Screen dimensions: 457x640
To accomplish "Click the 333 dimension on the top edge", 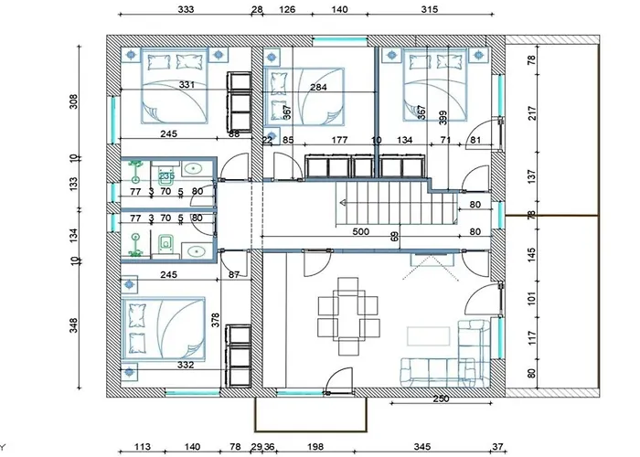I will coord(186,10).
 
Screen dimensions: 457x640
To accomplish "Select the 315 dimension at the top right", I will coord(430,10).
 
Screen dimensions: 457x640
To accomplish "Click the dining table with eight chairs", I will coord(348,316).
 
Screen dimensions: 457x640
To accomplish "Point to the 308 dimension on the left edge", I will coord(74,101).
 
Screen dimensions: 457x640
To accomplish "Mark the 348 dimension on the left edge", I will coord(74,324).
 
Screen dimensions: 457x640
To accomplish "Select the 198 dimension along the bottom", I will coord(317,447).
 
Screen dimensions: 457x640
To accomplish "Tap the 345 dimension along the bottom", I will coord(423,447).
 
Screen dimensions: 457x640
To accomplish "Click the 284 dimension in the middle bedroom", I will coord(318,88).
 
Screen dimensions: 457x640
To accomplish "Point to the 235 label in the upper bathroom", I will coord(166,175).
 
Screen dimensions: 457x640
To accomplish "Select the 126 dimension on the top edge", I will coord(286,10).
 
